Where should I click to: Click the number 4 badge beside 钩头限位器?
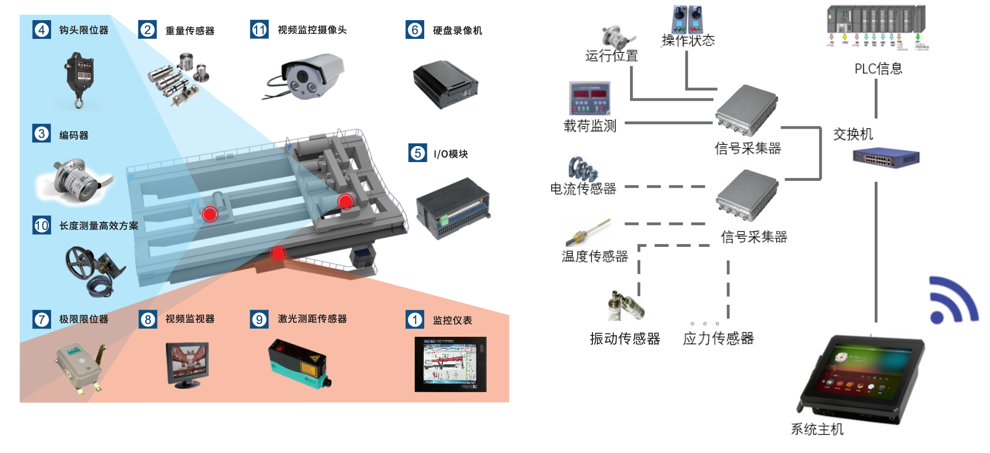(42, 30)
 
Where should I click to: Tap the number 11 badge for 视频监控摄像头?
(259, 30)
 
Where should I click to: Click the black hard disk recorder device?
(445, 84)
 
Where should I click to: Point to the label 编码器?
(74, 135)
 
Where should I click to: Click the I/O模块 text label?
(450, 154)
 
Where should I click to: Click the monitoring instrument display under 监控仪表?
(450, 364)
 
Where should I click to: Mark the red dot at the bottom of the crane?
(278, 253)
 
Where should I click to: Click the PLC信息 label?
(878, 69)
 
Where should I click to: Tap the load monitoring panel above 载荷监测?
(590, 98)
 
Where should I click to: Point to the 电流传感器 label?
(583, 189)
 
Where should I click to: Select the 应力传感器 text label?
(718, 338)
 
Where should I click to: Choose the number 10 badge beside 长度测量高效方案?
(42, 225)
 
